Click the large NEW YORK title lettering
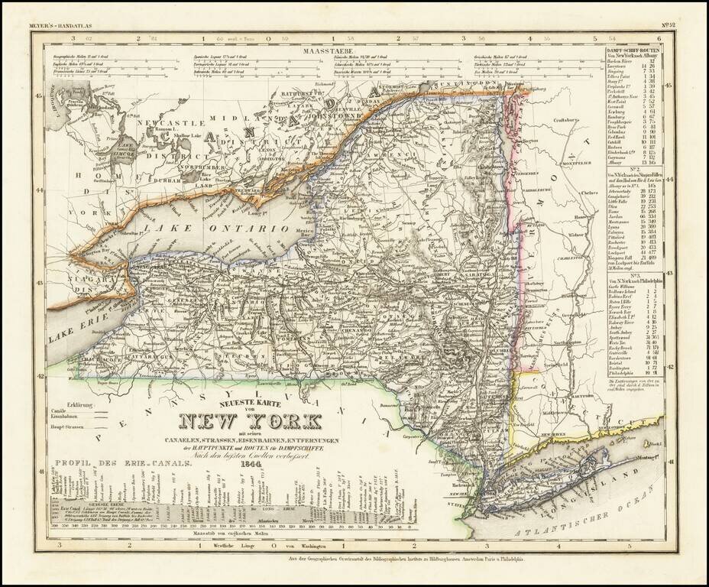coord(250,421)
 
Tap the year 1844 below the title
coord(251,462)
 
